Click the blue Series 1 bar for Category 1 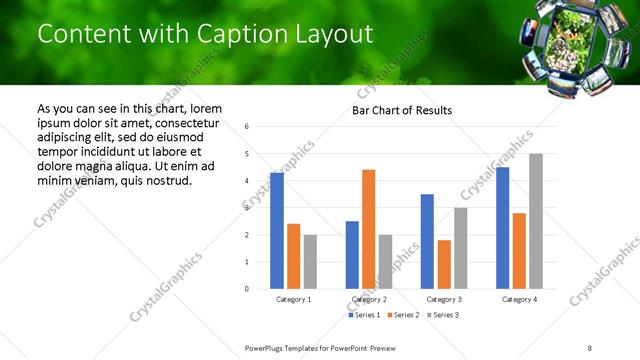pyautogui.click(x=277, y=231)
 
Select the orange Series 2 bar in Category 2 pyautogui.click(x=368, y=229)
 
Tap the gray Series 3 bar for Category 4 pyautogui.click(x=536, y=221)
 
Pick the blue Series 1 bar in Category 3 pyautogui.click(x=427, y=241)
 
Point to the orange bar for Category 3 pyautogui.click(x=444, y=264)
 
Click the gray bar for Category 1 pyautogui.click(x=310, y=262)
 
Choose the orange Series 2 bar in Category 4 pyautogui.click(x=519, y=251)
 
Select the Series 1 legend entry pyautogui.click(x=364, y=315)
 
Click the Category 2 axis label pyautogui.click(x=368, y=299)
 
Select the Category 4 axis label pyautogui.click(x=519, y=299)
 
